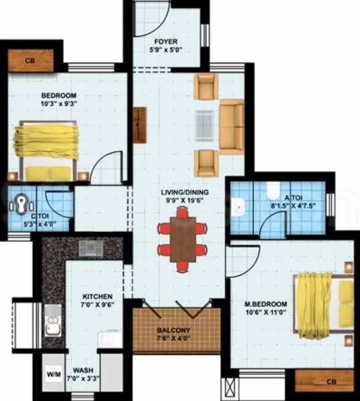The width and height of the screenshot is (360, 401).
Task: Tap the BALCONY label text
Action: pos(174,330)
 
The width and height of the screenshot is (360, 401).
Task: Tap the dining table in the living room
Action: pos(182,239)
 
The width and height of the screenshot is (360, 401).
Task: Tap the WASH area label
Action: pos(84,370)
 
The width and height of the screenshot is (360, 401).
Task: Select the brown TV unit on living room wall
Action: pos(139,125)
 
